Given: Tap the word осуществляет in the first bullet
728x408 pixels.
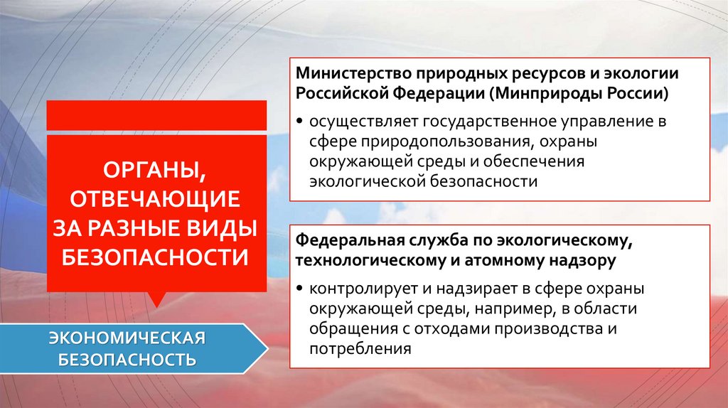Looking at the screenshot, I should click(x=355, y=122).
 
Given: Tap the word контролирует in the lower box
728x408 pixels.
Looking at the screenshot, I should click(x=355, y=290).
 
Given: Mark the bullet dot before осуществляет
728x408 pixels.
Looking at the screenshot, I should click(x=301, y=123).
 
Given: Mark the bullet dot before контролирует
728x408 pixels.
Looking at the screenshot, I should click(x=301, y=291).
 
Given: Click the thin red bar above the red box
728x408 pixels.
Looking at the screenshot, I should click(x=157, y=115).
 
